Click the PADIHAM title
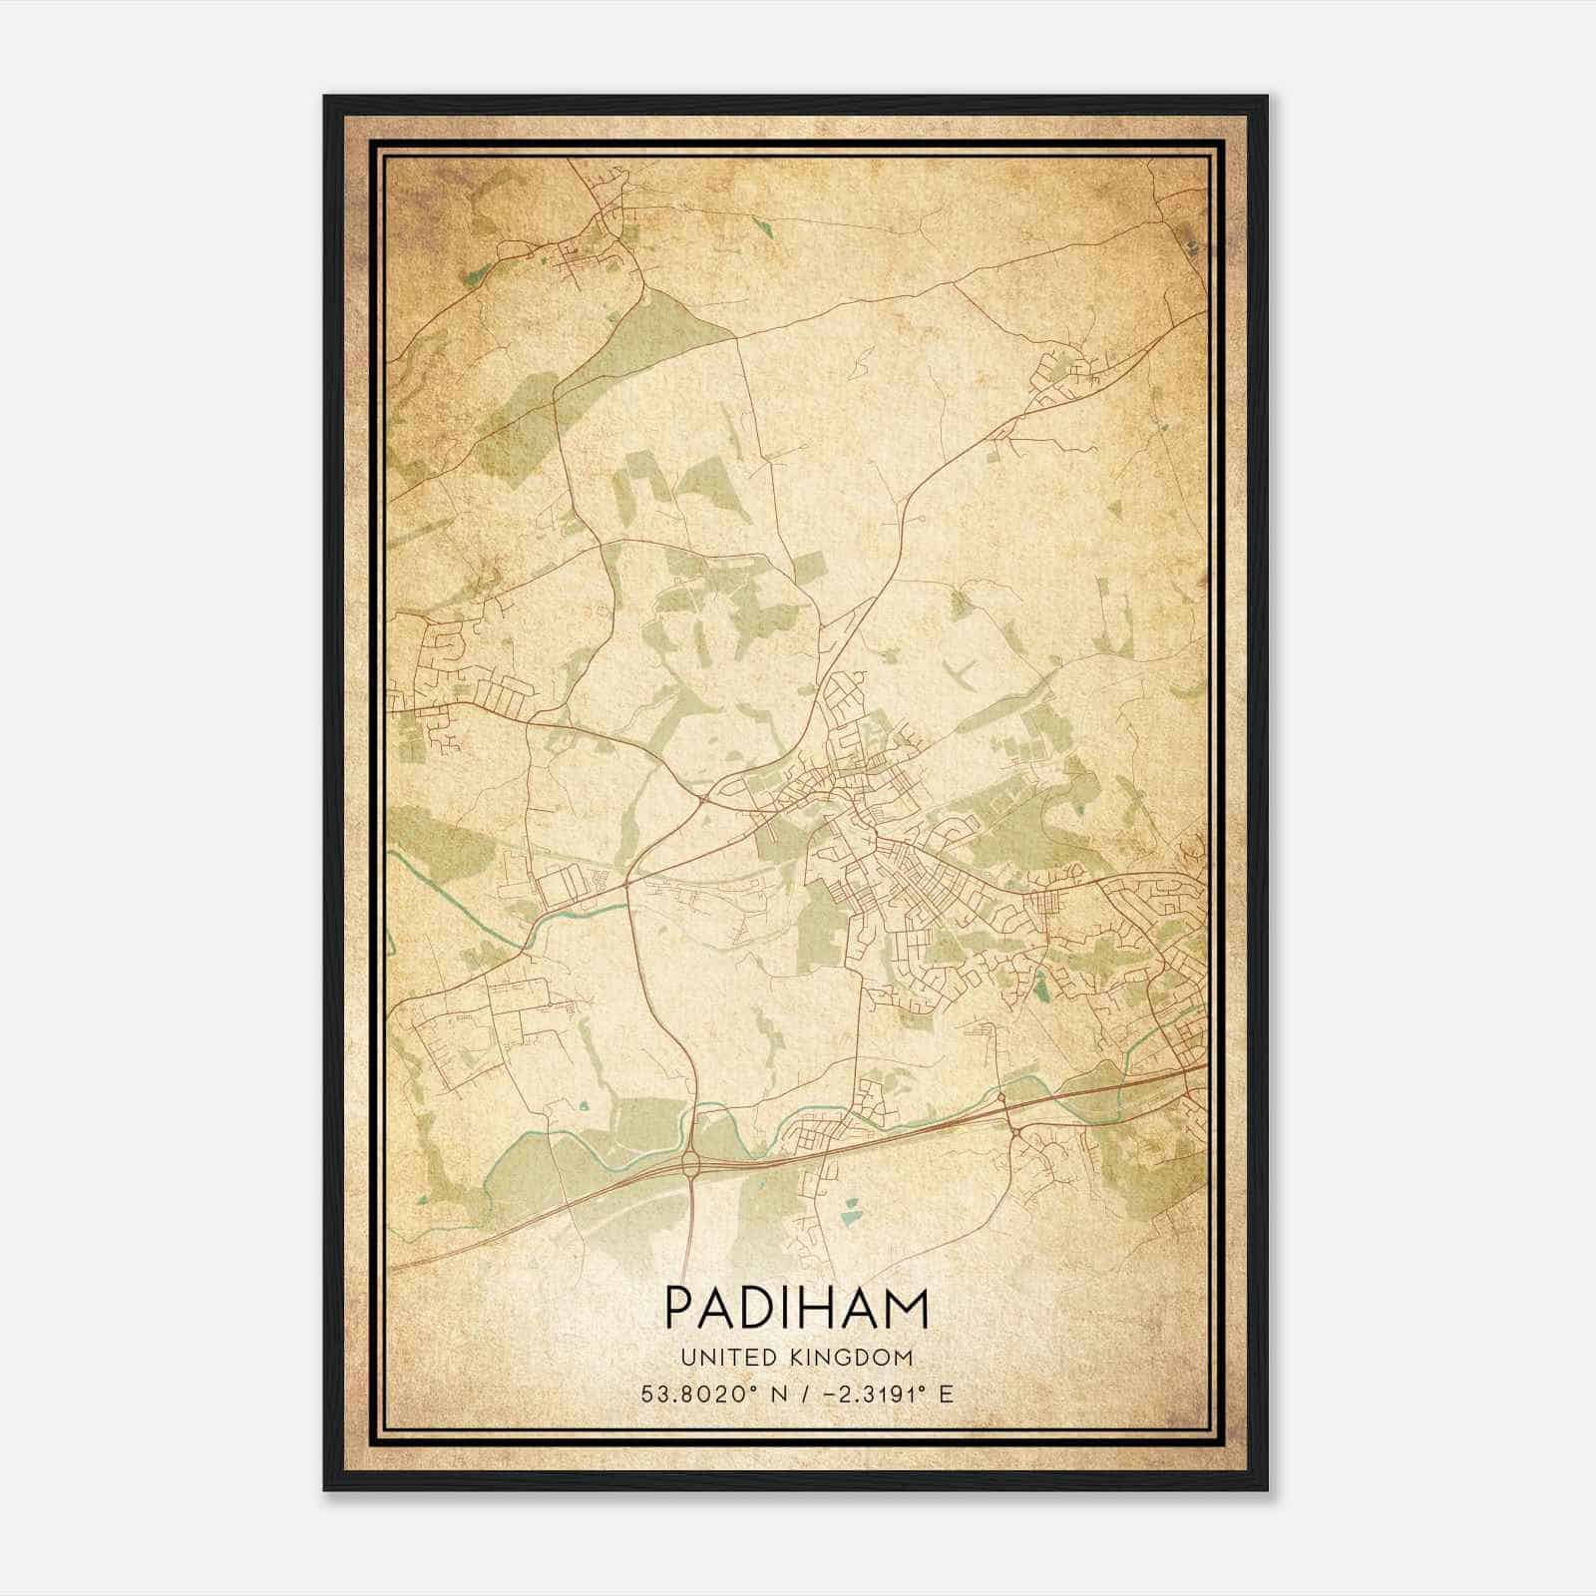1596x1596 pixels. tap(796, 1309)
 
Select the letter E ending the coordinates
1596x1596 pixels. tap(946, 1394)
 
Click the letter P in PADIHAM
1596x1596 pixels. tap(679, 1309)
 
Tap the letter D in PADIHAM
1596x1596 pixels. tap(755, 1309)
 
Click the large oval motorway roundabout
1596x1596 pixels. tap(690, 1161)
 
